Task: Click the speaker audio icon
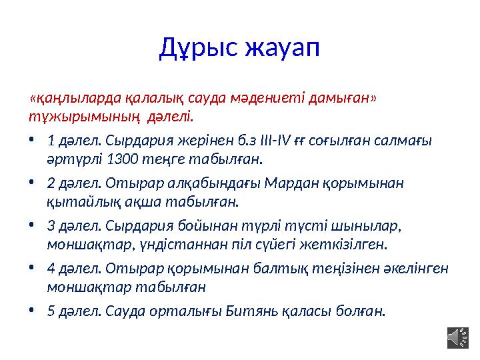click(457, 337)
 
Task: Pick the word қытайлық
click(74, 201)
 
